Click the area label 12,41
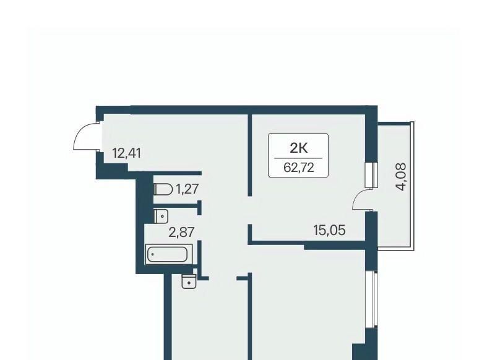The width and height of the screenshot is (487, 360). pyautogui.click(x=126, y=153)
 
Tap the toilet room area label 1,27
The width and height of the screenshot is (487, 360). pyautogui.click(x=187, y=189)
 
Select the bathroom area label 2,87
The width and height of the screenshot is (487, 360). pyautogui.click(x=181, y=232)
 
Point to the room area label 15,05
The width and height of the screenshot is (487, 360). pyautogui.click(x=330, y=231)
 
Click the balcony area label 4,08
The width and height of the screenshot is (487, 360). pyautogui.click(x=402, y=177)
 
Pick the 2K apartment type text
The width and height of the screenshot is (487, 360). pyautogui.click(x=298, y=148)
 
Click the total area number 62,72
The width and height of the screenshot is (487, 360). pyautogui.click(x=298, y=168)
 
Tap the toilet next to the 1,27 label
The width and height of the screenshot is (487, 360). pyautogui.click(x=163, y=189)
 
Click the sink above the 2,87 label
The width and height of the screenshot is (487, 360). pyautogui.click(x=161, y=216)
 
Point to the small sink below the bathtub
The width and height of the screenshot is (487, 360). pyautogui.click(x=189, y=282)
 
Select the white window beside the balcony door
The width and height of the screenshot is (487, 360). pyautogui.click(x=371, y=175)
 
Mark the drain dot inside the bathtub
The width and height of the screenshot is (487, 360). pyautogui.click(x=152, y=254)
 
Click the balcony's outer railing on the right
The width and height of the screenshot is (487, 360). pyautogui.click(x=412, y=186)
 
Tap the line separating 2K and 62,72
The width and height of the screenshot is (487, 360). pyautogui.click(x=298, y=158)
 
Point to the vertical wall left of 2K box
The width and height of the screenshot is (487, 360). pyautogui.click(x=249, y=155)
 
